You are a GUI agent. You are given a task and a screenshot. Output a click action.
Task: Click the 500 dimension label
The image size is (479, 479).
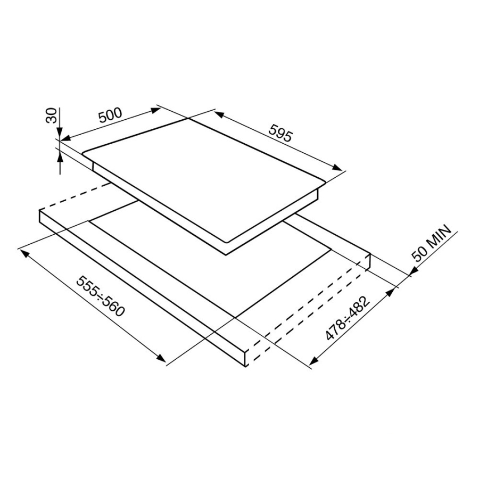pos(110,115)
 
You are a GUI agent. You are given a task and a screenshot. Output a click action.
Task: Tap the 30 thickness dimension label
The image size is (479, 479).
pos(51,115)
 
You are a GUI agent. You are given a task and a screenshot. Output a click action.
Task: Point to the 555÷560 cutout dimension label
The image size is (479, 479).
pos(101,296)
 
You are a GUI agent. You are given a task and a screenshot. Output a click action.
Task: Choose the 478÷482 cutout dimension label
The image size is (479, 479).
pos(348,318)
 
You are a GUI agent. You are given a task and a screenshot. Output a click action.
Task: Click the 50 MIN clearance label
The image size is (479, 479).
pos(431,243)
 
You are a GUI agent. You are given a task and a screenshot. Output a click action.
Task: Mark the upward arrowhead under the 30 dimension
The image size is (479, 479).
pos(60,158)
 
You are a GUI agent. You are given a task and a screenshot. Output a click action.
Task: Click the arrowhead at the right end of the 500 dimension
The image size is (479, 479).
pos(155,110)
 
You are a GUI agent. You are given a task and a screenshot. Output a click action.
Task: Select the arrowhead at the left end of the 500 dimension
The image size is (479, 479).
pos(65,138)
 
